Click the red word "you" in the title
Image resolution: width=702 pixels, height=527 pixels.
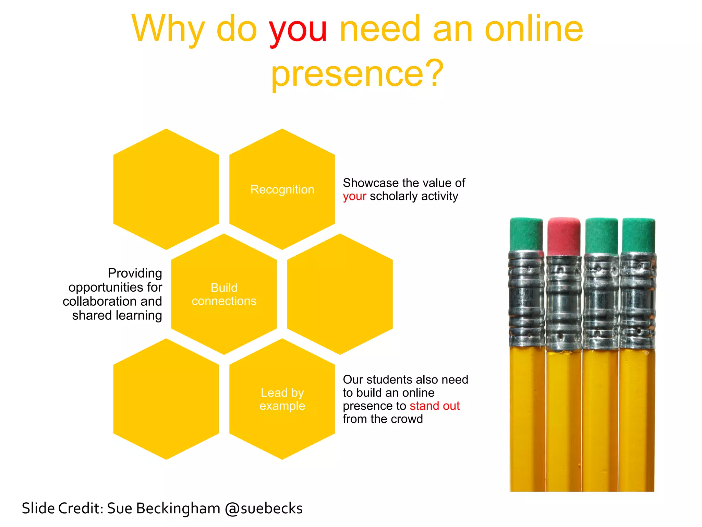298,30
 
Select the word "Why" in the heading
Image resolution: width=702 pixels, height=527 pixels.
168,30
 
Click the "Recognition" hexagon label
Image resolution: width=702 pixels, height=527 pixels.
282,189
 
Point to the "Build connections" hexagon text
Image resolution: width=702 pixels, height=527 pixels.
224,294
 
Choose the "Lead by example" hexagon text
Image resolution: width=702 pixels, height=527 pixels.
282,399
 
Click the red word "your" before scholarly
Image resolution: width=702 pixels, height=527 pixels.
354,197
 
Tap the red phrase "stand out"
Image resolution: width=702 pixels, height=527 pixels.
434,406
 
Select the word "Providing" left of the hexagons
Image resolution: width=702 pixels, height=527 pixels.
135,273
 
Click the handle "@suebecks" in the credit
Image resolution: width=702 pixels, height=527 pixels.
264,508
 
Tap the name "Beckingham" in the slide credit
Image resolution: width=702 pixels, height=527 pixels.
178,508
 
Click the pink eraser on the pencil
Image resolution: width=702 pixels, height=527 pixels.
564,236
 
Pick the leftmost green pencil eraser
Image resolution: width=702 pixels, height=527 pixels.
526,234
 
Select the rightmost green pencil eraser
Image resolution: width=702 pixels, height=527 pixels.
639,235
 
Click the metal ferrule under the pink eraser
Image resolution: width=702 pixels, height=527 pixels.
564,302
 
